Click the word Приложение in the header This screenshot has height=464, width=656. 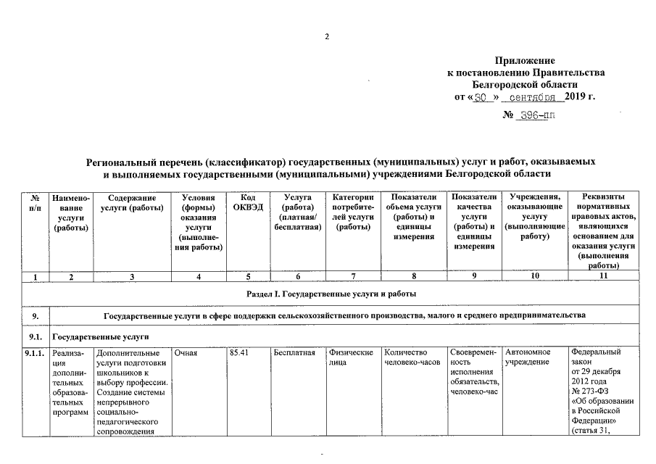[x=525, y=61]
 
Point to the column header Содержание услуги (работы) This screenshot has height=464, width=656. [x=131, y=203]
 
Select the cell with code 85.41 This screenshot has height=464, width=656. [x=239, y=353]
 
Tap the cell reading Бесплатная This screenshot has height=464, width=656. [x=294, y=353]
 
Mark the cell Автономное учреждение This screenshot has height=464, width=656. [x=528, y=357]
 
